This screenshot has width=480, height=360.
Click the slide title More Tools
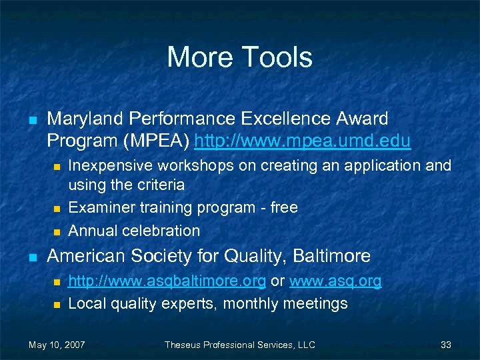pos(239,57)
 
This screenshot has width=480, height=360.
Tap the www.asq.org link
pos(335,281)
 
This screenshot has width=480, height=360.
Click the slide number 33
pos(446,345)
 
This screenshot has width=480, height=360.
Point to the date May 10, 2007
pos(57,345)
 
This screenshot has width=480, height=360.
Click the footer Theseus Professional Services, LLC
pos(240,345)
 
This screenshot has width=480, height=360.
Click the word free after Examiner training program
pos(284,207)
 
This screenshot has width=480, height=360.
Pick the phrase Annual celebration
pos(134,231)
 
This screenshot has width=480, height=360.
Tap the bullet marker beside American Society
pos(31,257)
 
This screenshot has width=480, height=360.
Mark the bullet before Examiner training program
pos(57,209)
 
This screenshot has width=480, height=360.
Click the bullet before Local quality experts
pos(57,305)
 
